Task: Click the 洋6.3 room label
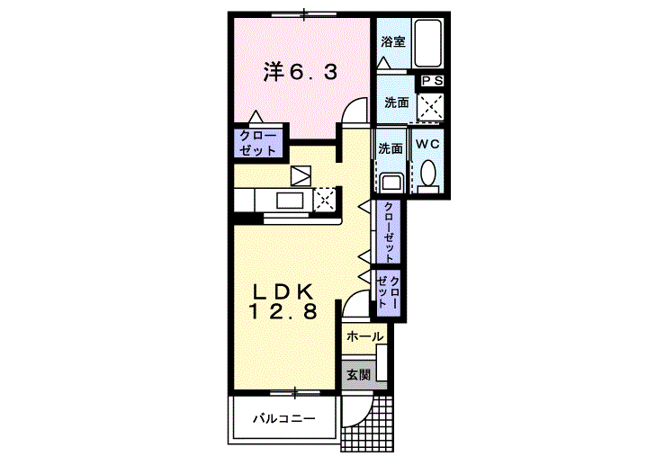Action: coord(301,71)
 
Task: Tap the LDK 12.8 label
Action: coord(283,301)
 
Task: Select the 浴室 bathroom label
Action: coord(393,42)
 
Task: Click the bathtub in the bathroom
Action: coord(427,43)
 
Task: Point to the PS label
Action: coord(432,81)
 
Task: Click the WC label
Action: coord(427,144)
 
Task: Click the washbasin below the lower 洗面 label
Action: coord(391,183)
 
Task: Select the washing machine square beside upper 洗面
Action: coord(430,106)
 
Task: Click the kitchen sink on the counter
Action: coord(290,200)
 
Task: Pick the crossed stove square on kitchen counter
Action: coord(325,200)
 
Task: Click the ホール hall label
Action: coord(364,337)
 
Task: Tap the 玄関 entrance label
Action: coord(359,375)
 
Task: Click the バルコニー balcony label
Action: coord(284,419)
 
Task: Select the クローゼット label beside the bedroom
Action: coord(258,143)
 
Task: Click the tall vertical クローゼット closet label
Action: coord(389,231)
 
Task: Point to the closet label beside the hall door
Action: coord(389,292)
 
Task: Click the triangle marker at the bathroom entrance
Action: coord(384,63)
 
